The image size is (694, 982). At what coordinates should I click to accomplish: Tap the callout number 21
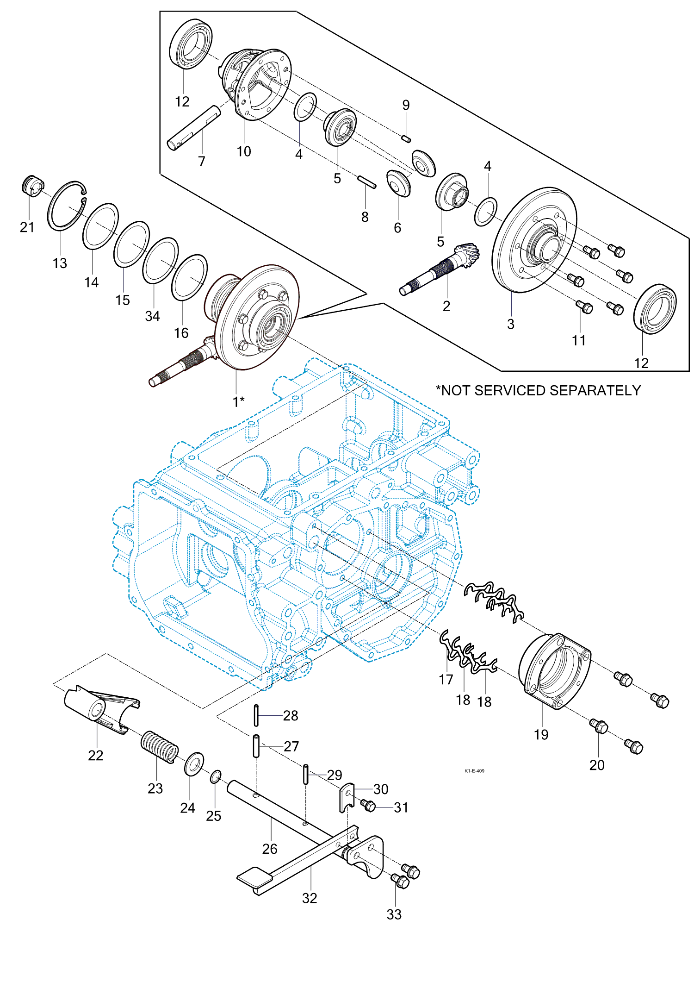(x=27, y=227)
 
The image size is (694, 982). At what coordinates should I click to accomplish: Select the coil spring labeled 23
(x=159, y=746)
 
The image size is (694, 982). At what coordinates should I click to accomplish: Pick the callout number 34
(x=152, y=316)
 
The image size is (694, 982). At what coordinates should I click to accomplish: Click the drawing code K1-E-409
(x=474, y=771)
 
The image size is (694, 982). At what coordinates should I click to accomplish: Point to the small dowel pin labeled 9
(x=406, y=138)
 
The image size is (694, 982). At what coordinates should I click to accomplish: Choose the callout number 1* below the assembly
(x=238, y=401)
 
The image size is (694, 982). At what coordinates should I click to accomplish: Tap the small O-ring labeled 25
(x=216, y=776)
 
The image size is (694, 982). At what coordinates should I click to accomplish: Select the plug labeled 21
(x=32, y=186)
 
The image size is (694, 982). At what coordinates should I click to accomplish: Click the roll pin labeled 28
(x=256, y=715)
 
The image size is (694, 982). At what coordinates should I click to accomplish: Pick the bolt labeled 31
(x=368, y=806)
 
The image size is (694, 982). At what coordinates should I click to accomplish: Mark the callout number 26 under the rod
(x=270, y=849)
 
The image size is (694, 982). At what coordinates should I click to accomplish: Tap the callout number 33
(x=394, y=914)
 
